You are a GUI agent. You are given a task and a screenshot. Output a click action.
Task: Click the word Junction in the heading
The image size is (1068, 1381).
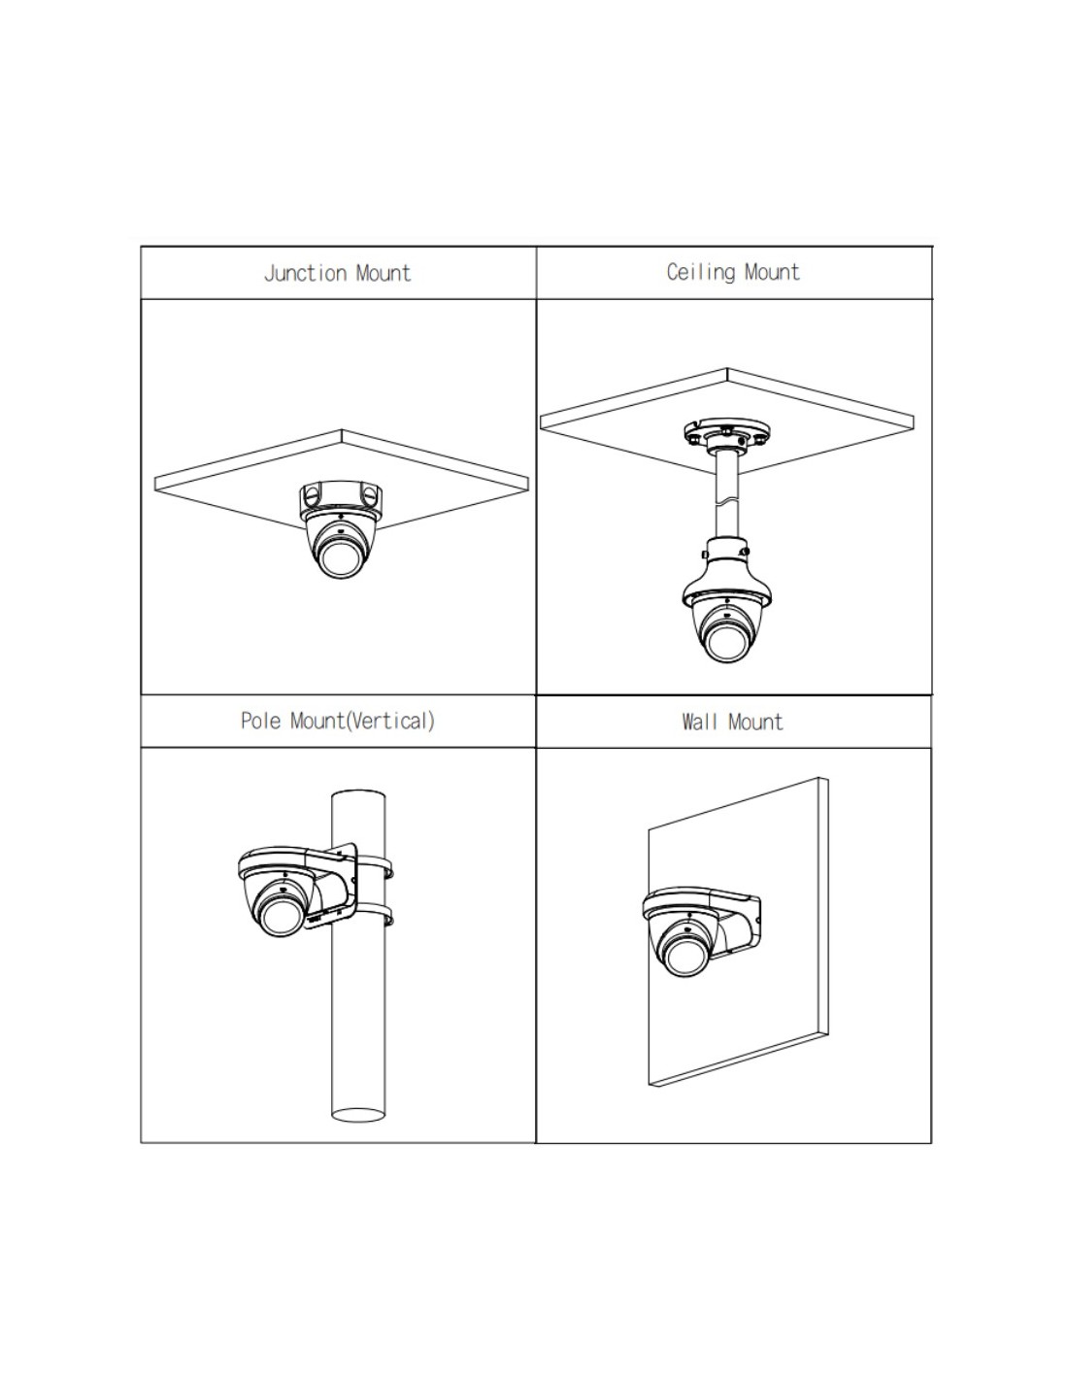tap(306, 273)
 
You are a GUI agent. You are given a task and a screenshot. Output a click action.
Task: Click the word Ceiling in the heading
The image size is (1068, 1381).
tap(700, 272)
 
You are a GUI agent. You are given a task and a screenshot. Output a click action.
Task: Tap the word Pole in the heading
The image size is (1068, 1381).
tap(260, 721)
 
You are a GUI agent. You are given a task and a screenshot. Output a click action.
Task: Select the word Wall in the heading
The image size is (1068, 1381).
tap(700, 722)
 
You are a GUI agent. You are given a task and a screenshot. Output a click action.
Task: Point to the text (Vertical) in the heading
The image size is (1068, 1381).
tap(390, 721)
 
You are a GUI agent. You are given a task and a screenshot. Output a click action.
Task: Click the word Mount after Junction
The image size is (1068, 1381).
tap(384, 273)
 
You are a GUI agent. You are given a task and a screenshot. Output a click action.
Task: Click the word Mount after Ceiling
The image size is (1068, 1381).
tap(772, 272)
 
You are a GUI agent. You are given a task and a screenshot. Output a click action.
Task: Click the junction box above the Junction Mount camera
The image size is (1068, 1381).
tap(341, 497)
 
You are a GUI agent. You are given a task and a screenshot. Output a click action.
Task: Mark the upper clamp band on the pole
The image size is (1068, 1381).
tap(374, 865)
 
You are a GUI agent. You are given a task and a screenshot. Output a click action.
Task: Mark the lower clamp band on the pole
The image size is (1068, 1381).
tap(374, 914)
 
